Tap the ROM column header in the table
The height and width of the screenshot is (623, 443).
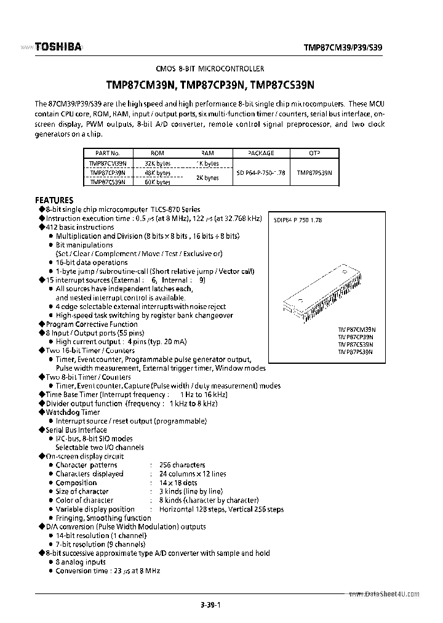click(158, 153)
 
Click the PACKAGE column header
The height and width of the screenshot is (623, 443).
click(261, 153)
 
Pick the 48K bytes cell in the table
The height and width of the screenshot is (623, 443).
click(158, 173)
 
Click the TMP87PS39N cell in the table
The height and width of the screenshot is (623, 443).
click(314, 173)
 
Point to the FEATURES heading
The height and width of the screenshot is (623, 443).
click(54, 200)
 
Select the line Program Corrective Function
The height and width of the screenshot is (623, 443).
click(92, 324)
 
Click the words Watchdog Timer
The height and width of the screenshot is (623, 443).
click(73, 412)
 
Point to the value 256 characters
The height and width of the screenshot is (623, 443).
click(182, 465)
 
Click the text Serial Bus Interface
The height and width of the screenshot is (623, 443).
click(76, 430)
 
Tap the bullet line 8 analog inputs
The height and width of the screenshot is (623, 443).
click(81, 562)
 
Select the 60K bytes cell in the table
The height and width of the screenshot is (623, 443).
click(158, 182)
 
